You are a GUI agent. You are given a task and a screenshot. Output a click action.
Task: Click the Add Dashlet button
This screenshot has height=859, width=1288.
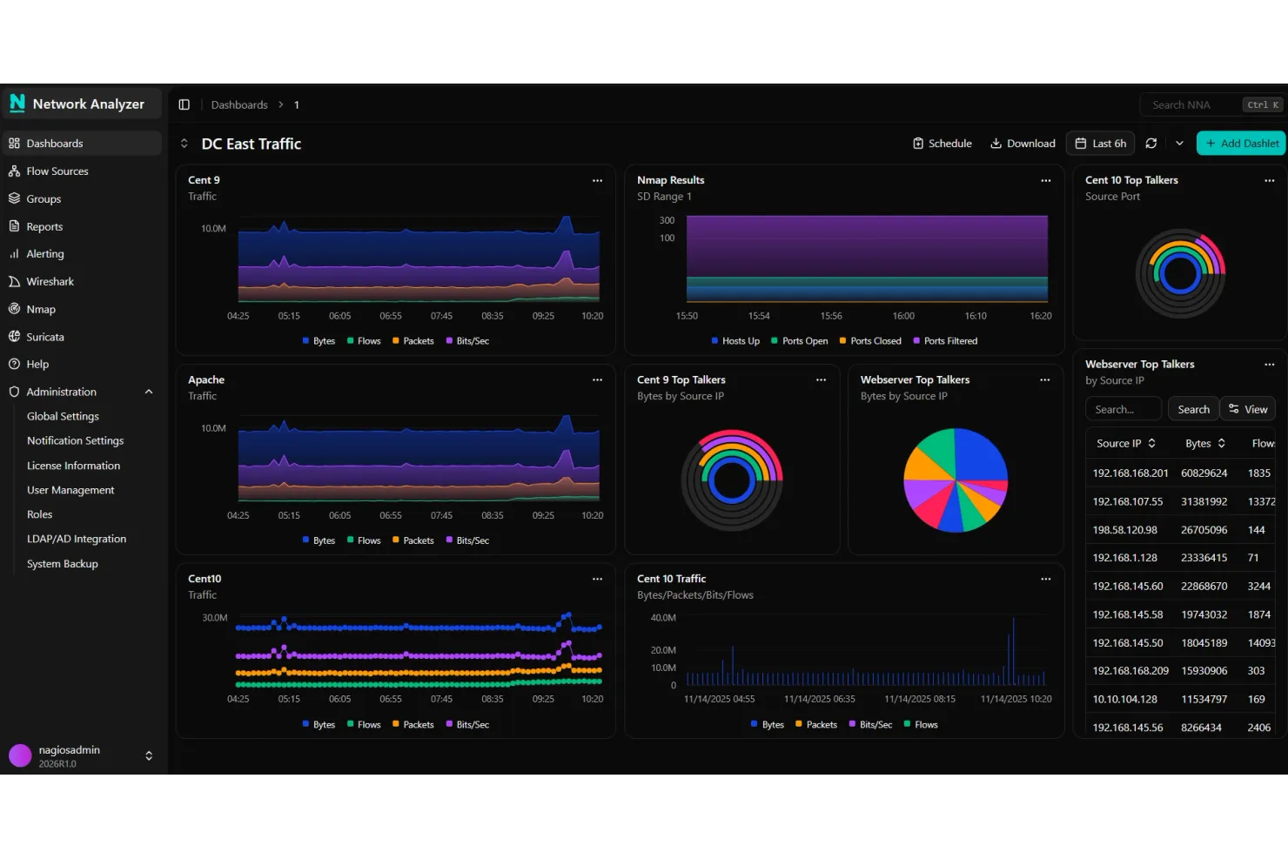coord(1241,144)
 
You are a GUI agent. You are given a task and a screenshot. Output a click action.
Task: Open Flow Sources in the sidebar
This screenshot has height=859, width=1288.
coord(57,171)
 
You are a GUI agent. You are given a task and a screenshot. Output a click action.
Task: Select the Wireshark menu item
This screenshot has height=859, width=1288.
coord(50,282)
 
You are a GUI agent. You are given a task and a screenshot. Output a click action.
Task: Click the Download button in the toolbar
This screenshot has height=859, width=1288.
coord(1023,144)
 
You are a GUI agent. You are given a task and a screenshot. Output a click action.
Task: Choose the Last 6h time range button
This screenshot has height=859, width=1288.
coord(1101,144)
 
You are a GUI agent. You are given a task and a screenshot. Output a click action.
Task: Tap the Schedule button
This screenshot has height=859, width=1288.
coord(942,144)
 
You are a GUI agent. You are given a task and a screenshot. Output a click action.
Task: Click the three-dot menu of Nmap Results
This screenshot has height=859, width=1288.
coord(1045,181)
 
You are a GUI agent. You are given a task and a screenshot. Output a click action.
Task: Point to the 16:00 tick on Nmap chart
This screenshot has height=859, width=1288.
coord(903,316)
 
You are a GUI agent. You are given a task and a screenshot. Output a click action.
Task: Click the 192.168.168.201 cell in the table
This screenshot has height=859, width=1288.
coord(1130,473)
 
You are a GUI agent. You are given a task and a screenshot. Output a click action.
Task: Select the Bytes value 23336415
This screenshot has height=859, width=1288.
coord(1204,558)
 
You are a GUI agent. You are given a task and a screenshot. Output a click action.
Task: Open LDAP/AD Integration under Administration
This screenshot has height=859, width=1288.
coord(77,540)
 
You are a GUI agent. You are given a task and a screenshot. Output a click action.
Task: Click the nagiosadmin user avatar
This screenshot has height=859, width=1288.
coord(20,755)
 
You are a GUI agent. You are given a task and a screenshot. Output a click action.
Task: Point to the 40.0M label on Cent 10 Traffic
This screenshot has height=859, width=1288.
coord(663,618)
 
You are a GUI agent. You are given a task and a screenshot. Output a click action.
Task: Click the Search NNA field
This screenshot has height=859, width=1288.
coord(1192,105)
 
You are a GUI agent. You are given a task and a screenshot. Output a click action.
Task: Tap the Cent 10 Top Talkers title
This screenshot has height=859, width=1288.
coord(1131,180)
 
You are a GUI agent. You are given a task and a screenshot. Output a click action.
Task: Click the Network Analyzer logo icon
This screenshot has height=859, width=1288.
coord(17,104)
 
